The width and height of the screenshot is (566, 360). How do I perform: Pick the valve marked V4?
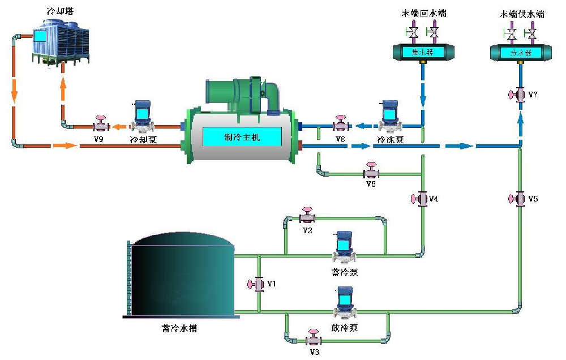[x=422, y=199]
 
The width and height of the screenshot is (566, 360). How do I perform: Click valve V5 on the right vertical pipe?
[x=520, y=199]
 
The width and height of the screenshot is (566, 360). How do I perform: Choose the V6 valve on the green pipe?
[x=372, y=172]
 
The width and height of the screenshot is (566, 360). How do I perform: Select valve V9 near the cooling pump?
[x=101, y=125]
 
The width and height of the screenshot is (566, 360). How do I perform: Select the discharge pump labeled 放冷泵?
[x=344, y=303]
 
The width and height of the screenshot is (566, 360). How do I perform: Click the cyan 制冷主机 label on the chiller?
[x=242, y=136]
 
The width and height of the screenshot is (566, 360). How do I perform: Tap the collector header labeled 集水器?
[x=422, y=52]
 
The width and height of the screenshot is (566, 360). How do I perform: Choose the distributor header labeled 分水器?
[x=520, y=53]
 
